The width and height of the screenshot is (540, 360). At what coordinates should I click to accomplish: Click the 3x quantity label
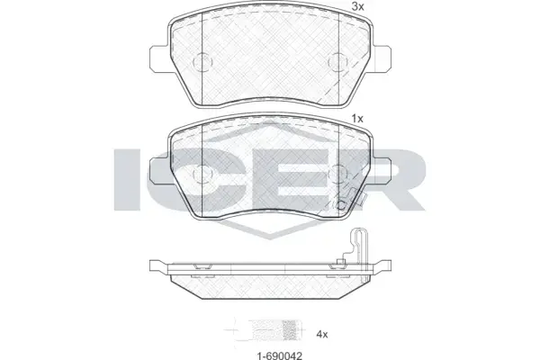click(357, 7)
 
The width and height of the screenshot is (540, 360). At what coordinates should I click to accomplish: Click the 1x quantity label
click(357, 119)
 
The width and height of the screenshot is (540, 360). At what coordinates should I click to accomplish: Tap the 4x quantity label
click(322, 334)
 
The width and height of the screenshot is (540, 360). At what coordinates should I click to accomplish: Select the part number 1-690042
click(280, 355)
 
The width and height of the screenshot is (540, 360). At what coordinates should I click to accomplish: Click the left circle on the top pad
click(202, 62)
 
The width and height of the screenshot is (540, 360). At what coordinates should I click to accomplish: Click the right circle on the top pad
click(338, 62)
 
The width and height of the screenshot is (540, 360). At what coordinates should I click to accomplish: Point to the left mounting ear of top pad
click(159, 58)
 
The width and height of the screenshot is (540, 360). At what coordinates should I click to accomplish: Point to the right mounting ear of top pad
click(382, 58)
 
